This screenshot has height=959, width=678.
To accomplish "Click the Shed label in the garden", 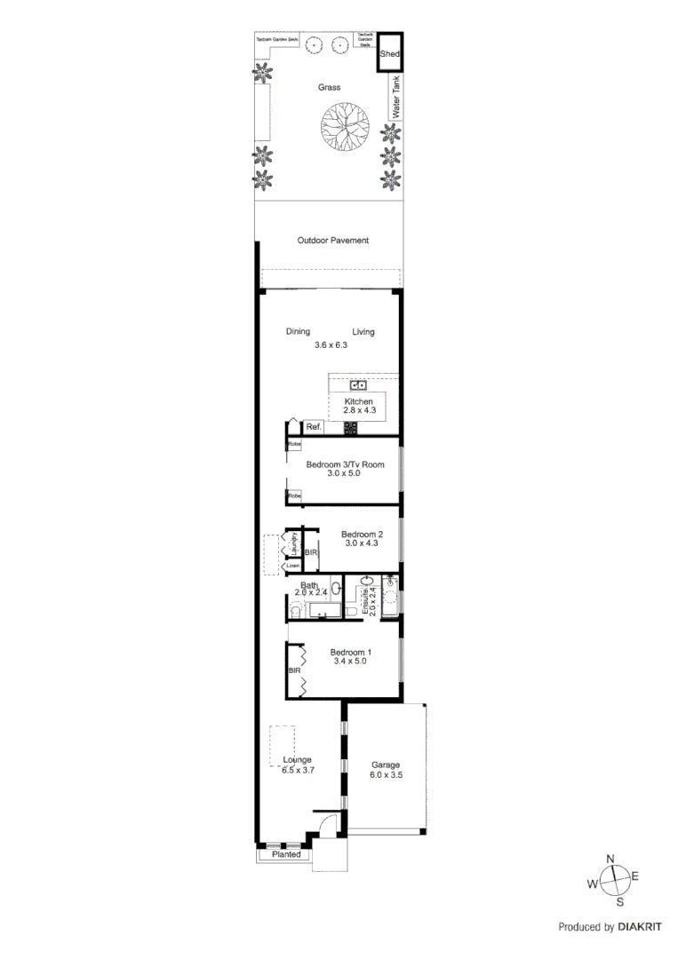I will [390, 54].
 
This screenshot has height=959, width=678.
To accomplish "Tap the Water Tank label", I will [397, 98].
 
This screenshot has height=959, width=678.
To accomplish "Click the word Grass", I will [330, 88].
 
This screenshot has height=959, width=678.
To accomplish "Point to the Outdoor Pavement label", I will [332, 241].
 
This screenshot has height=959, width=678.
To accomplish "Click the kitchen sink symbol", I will [358, 385].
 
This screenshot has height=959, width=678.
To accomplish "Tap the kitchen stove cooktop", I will [351, 428].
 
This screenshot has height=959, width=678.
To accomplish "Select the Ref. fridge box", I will [314, 427].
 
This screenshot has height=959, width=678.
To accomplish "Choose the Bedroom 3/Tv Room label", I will [345, 464].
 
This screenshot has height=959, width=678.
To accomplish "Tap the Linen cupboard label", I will [291, 565].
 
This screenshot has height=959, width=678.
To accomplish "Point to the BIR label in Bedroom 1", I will [293, 671].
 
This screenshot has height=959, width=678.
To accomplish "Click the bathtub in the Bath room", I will [325, 609].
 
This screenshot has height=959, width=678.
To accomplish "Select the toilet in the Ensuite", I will [351, 612].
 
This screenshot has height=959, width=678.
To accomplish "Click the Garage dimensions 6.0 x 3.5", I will [386, 775].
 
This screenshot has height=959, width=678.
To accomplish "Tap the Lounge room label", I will [297, 759].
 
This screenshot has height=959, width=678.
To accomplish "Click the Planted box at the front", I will [286, 854].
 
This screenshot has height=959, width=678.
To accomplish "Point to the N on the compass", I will [610, 858].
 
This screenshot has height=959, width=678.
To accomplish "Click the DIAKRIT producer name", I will [640, 927].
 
